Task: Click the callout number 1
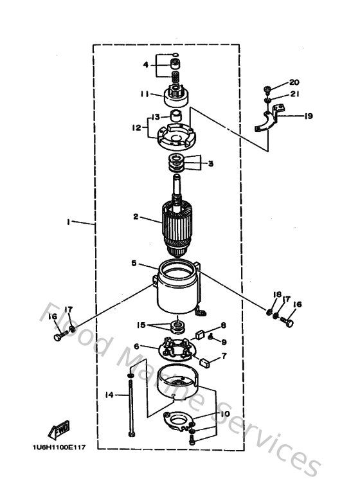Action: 68,222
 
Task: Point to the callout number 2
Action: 136,217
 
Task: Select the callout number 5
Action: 134,263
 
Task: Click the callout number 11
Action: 145,94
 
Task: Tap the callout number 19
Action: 308,116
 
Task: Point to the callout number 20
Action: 294,83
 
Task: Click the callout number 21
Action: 295,94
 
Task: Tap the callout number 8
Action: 224,325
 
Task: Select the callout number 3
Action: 210,163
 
